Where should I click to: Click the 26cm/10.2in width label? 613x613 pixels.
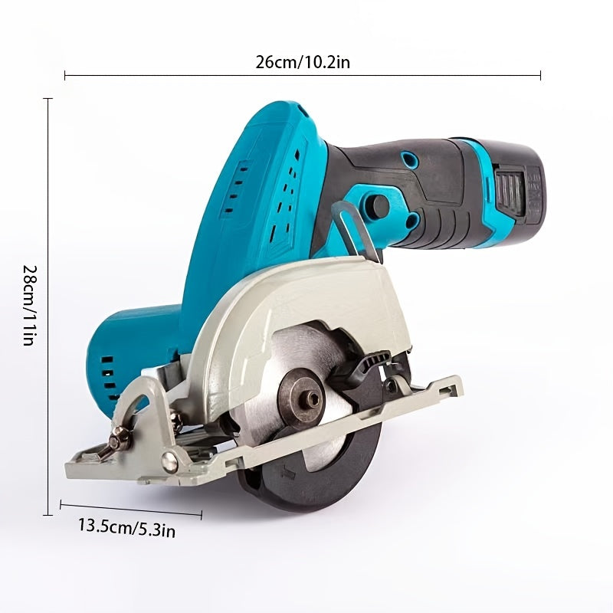[303, 62]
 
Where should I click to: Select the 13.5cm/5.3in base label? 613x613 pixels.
[126, 528]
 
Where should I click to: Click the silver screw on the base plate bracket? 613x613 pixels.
[169, 461]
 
